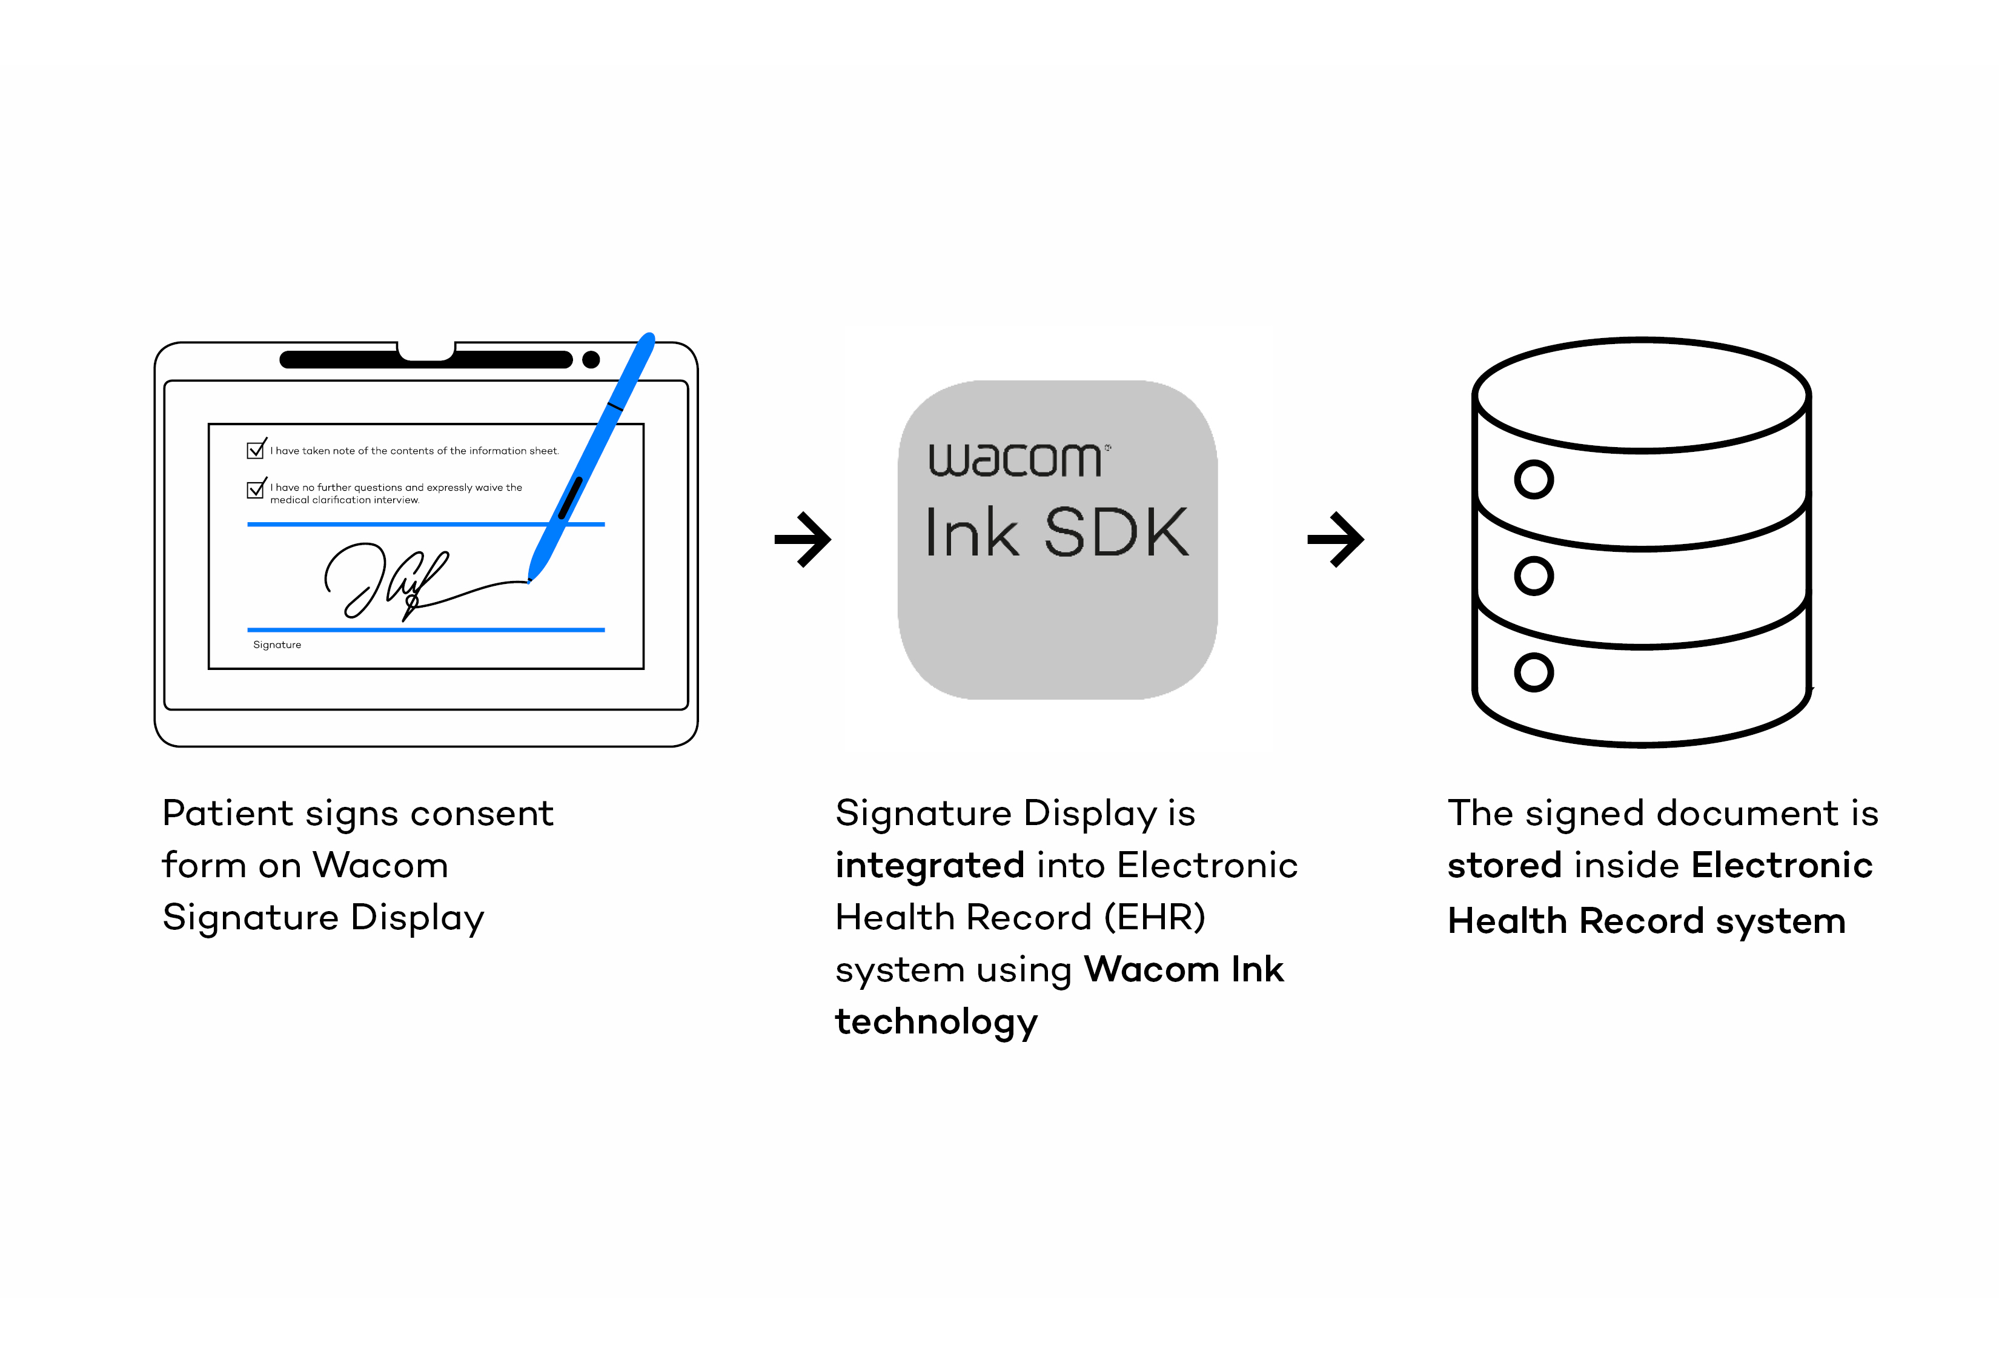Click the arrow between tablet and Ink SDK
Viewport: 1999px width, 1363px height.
point(803,539)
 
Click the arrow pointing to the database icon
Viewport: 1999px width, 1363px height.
point(1335,539)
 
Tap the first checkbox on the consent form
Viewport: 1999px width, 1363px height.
point(256,449)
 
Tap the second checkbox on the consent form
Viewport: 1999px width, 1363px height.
point(256,489)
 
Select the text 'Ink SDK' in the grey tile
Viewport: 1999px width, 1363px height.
point(1056,533)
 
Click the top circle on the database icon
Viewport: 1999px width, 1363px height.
point(1534,479)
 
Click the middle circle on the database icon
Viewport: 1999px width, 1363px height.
point(1534,575)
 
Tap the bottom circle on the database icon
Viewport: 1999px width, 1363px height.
point(1534,672)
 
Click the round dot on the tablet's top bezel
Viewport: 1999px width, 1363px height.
point(591,359)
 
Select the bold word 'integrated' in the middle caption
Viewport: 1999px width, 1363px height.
point(930,865)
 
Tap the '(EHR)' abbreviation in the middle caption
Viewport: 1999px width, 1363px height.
point(1155,918)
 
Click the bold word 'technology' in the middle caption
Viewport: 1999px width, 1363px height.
point(937,1021)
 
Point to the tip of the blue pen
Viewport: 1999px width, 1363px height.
point(531,580)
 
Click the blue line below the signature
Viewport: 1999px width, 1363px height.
point(426,629)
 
